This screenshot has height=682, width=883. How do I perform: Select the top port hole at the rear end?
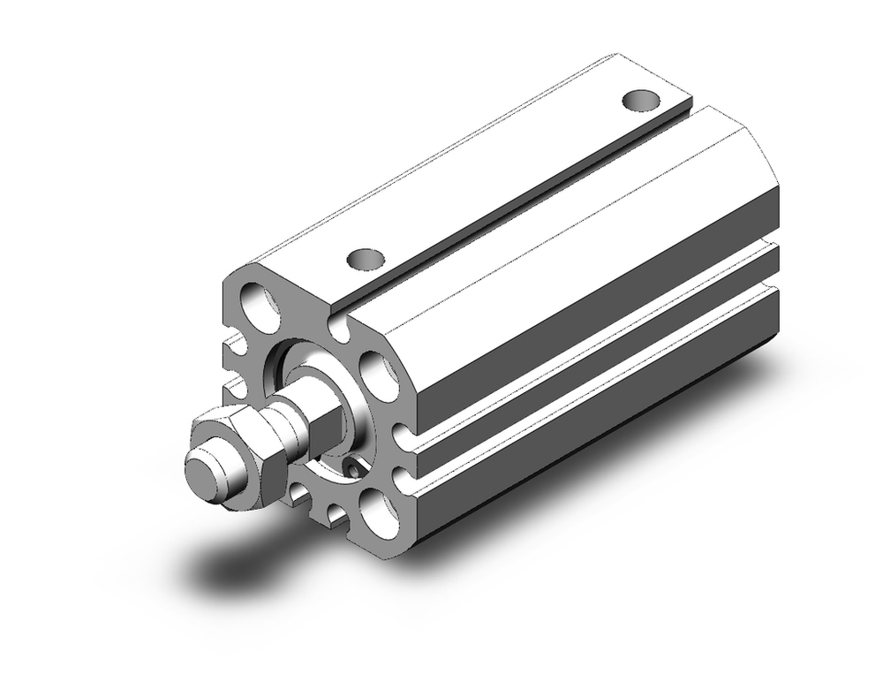point(642,100)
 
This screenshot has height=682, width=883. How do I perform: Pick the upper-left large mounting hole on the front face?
point(260,303)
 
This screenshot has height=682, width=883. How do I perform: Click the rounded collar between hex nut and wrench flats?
point(283,429)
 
